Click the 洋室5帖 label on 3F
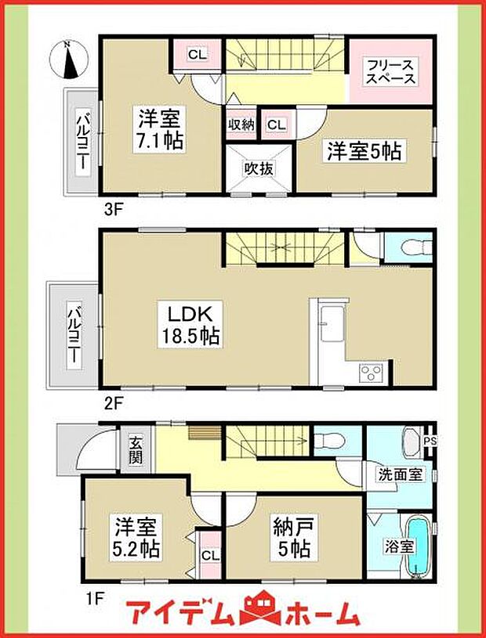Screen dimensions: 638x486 coord(363,150)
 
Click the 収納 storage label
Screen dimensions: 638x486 coord(241,124)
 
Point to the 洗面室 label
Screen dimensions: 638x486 coord(395,474)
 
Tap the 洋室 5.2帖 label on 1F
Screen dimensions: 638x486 coord(136,537)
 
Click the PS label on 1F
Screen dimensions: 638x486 coord(430,441)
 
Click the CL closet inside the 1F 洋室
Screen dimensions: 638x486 coord(209,556)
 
